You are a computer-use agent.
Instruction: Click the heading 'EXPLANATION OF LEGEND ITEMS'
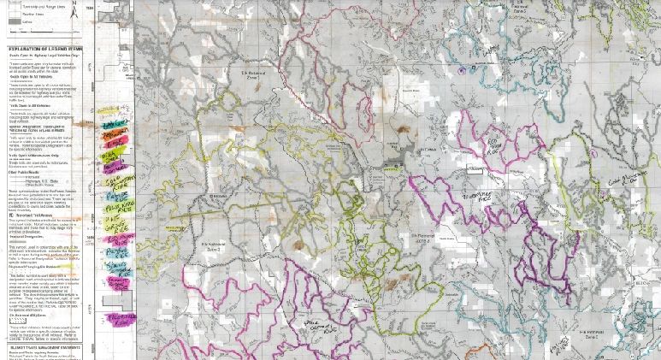(x=48, y=50)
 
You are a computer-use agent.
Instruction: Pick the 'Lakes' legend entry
(x=34, y=23)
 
